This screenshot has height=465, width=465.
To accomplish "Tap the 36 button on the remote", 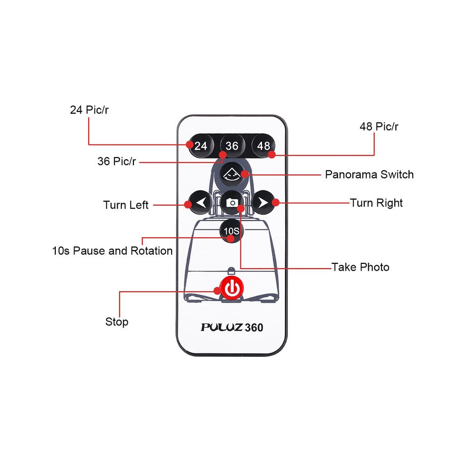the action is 232,146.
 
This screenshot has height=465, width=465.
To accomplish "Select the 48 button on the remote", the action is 263,146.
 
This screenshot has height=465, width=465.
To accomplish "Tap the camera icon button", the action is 232,203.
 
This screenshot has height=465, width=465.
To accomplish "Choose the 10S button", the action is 232,231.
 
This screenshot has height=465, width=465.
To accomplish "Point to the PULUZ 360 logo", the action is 232,327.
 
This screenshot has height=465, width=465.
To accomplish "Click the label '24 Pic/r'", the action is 89,110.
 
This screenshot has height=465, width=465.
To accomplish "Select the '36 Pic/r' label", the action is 117,161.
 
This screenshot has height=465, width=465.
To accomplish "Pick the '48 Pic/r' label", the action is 379,127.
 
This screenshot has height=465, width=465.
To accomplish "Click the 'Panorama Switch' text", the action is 369,174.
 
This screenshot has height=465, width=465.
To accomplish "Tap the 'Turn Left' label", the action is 126,205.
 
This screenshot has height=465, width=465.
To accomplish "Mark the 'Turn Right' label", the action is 376,203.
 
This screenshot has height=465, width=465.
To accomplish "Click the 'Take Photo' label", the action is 360,267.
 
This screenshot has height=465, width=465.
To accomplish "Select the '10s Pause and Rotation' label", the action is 113,251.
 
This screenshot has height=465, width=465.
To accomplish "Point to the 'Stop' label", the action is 117,322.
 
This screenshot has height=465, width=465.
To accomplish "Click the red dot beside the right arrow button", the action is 276,203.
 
